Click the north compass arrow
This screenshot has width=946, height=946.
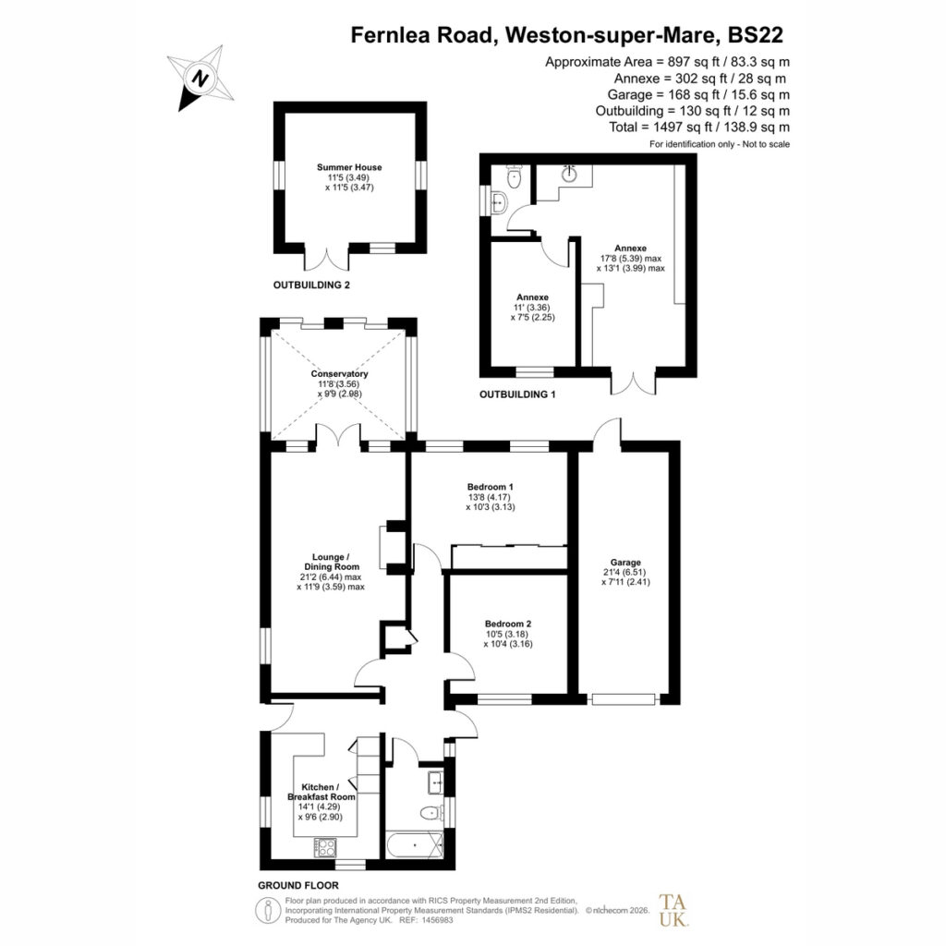pos(200,79)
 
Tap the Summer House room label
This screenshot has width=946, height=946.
pos(349,167)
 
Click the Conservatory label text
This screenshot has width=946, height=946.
pos(339,373)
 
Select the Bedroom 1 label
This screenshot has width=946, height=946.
pos(490,487)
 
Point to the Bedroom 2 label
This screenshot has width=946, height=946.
pos(508,624)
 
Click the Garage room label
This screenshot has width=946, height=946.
pos(625,563)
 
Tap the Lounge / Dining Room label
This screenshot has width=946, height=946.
pos(331,562)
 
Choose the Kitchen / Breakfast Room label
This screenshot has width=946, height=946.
pos(321,792)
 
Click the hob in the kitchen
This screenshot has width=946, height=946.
pos(325,847)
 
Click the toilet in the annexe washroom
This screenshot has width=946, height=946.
pos(514,176)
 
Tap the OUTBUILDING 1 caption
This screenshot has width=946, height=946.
pos(517,394)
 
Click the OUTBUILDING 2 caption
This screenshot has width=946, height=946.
pos(311,285)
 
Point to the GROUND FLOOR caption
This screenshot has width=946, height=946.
pos(298,885)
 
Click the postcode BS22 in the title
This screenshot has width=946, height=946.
pos(756,35)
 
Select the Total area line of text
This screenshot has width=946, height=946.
pos(699,127)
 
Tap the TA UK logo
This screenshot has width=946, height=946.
pos(673,910)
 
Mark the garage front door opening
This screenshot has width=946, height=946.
pos(624,699)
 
